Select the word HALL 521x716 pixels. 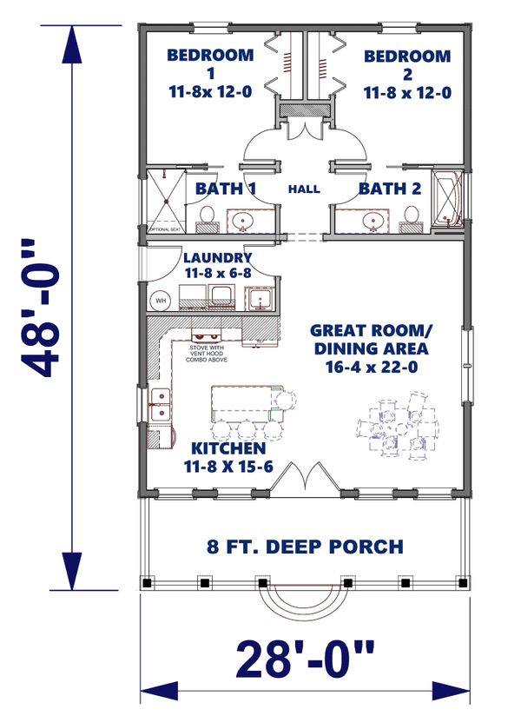[x=304, y=189]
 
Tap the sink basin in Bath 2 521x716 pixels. [x=373, y=221]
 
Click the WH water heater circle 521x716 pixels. [x=161, y=301]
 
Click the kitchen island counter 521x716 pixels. [x=246, y=404]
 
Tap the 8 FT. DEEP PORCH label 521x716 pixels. [x=304, y=547]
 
